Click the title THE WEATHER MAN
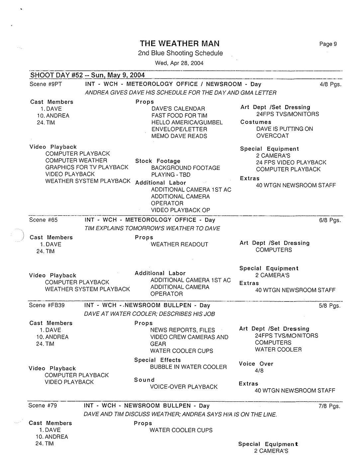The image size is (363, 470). pyautogui.click(x=179, y=44)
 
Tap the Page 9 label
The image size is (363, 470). pyautogui.click(x=328, y=44)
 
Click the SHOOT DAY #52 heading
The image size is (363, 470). pyautogui.click(x=87, y=75)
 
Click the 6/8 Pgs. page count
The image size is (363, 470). pyautogui.click(x=330, y=220)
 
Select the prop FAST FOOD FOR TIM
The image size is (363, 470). pyautogui.click(x=179, y=116)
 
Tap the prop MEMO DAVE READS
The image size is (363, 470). pyautogui.click(x=179, y=136)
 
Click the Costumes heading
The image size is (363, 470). pyautogui.click(x=256, y=122)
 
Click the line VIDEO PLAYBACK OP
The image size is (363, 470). pyautogui.click(x=180, y=210)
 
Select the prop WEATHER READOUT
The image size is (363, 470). pyautogui.click(x=179, y=244)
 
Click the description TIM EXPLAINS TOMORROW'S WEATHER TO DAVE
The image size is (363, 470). pyautogui.click(x=152, y=229)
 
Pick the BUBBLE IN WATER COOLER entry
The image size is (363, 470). pyautogui.click(x=188, y=367)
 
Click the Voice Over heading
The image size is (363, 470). pyautogui.click(x=256, y=364)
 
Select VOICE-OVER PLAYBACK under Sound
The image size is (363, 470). pyautogui.click(x=184, y=387)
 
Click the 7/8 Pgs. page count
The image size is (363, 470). pyautogui.click(x=329, y=406)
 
